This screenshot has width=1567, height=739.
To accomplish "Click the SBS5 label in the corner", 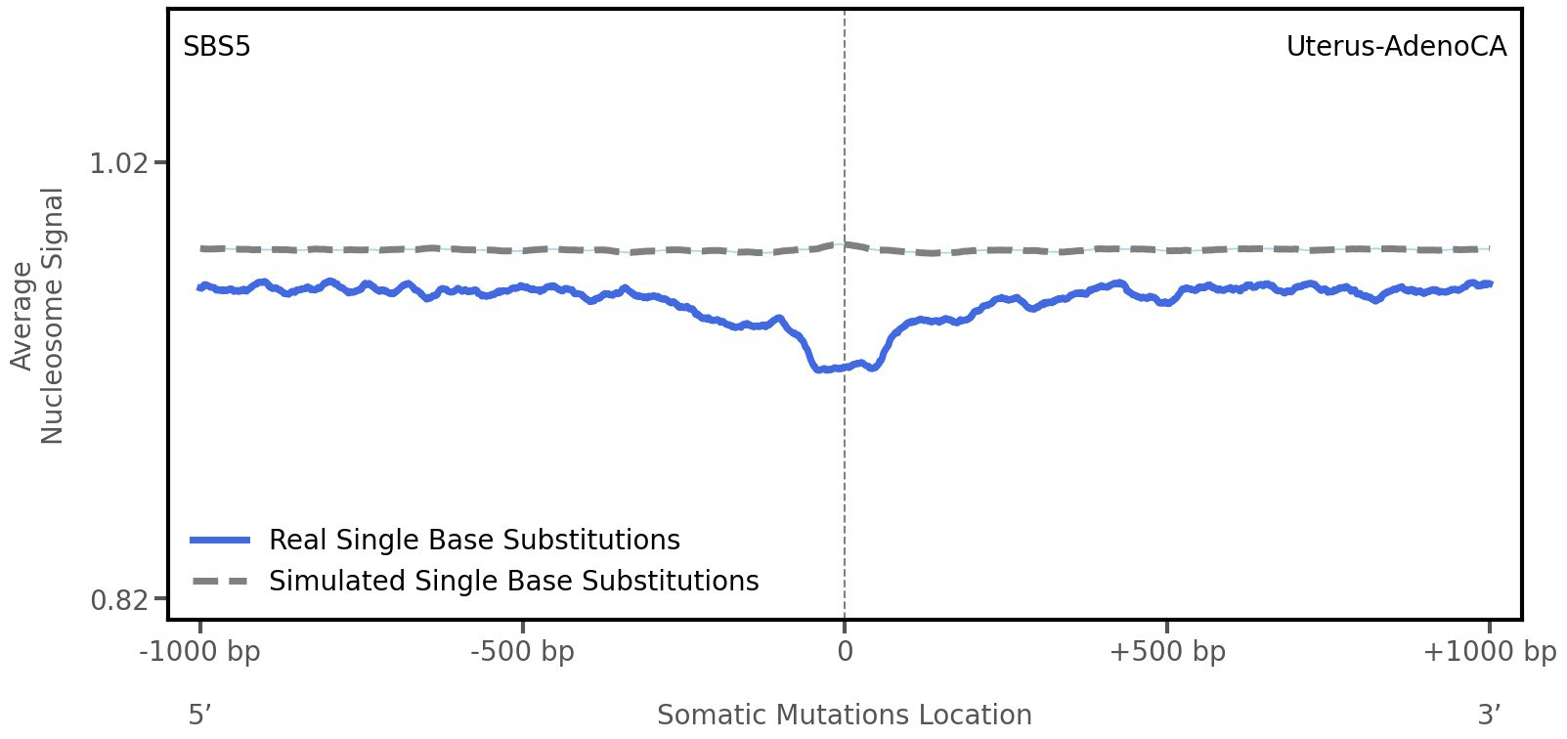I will point(216,47).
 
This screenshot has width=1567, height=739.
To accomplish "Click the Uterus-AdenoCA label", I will point(1396,47).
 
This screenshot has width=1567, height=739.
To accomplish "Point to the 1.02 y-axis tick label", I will point(118,162).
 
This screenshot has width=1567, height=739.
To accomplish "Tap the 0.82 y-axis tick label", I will point(118,599).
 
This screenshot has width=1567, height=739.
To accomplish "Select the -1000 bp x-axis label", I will point(200,652).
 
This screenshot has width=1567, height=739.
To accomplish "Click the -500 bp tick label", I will point(522,652).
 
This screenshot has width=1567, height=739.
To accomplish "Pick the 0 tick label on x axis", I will point(845,652).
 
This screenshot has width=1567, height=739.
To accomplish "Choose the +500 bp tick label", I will point(1167,652).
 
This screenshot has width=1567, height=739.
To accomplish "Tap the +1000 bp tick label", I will point(1489,652).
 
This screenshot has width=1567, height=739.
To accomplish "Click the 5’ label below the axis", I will point(200,716).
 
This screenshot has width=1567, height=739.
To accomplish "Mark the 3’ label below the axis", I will point(1489,716).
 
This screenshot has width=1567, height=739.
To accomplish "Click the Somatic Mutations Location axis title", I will point(845,716).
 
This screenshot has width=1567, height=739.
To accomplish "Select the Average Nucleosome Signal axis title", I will point(38,316).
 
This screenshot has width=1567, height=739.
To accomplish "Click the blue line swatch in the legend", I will point(221,541).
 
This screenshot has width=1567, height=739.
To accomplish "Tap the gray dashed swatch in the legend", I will point(221,582).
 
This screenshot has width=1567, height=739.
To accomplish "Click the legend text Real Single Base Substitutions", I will point(474,541).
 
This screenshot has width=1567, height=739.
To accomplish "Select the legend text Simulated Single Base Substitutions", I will point(513,582).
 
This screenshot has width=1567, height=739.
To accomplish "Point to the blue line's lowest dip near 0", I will point(821,369).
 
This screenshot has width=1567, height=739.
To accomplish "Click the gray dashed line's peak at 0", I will point(845,244).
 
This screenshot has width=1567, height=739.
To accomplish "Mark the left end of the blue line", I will point(199,287).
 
